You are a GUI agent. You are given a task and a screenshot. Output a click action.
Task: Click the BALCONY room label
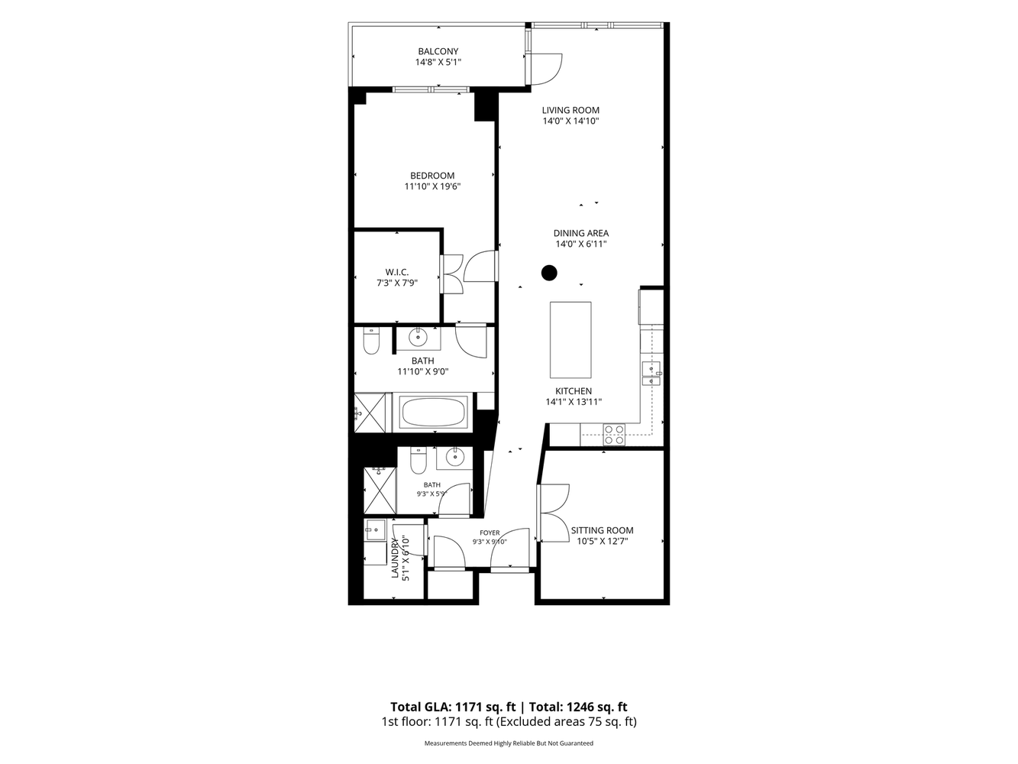click(438, 51)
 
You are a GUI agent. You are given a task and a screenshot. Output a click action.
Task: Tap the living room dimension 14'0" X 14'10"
click(570, 121)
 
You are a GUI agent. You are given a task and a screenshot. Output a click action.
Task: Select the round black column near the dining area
click(549, 273)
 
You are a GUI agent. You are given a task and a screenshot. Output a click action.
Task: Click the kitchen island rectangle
click(570, 340)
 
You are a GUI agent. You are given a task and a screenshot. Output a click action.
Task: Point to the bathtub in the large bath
click(432, 413)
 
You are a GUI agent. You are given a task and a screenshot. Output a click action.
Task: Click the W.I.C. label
click(397, 272)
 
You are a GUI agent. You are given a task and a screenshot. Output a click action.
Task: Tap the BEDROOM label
click(432, 176)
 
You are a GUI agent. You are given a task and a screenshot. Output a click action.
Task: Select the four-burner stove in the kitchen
click(614, 435)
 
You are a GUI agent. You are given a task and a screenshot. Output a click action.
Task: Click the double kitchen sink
click(651, 374)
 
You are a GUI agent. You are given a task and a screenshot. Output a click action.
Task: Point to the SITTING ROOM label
click(602, 530)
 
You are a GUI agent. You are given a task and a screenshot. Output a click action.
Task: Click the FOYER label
click(490, 533)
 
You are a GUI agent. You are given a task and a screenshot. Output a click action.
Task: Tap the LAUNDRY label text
click(395, 558)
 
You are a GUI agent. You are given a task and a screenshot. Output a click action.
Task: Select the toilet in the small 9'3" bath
click(418, 460)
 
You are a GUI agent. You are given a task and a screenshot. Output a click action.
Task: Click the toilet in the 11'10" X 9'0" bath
click(371, 341)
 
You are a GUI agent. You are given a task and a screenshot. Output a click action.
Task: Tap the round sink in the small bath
click(454, 458)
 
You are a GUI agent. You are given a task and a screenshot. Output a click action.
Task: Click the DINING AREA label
click(581, 233)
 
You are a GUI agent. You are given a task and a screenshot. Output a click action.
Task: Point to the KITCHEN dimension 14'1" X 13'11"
click(574, 402)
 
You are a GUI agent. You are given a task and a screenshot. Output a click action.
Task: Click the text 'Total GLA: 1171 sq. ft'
click(453, 707)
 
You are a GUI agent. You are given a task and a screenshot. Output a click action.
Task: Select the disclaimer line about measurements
click(509, 743)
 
